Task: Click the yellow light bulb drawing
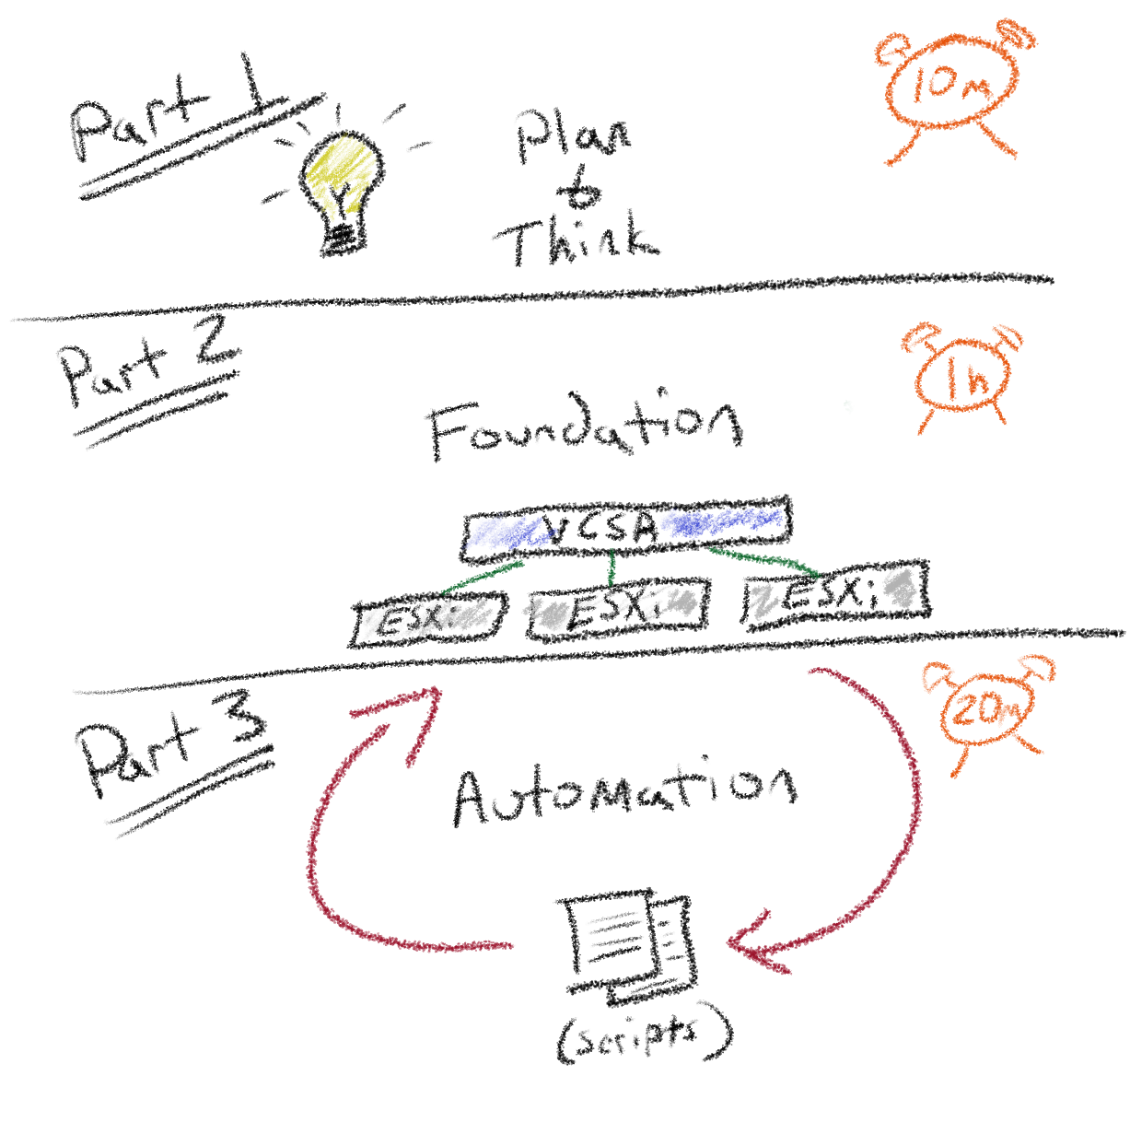(341, 184)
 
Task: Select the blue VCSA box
(626, 528)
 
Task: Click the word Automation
(624, 792)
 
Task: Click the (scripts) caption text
(645, 1036)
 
